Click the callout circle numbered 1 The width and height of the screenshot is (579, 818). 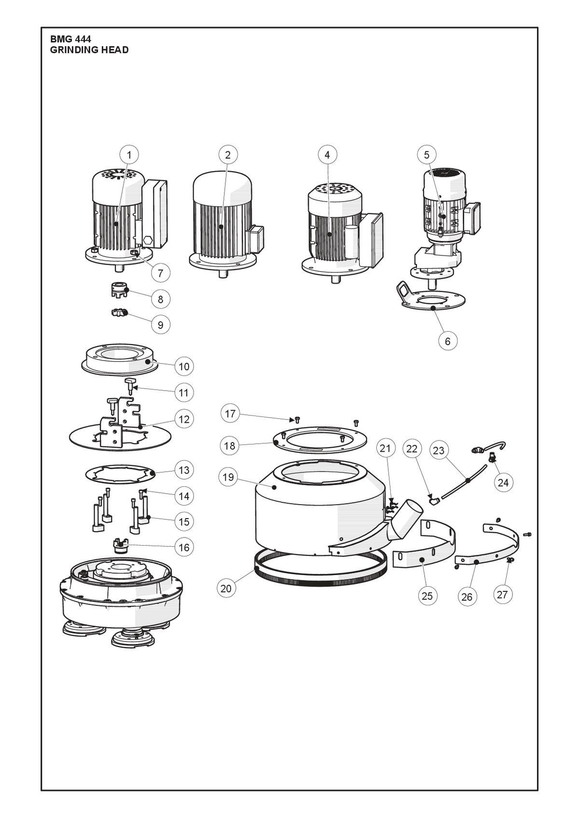[x=129, y=155]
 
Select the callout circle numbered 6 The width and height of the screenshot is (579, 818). [x=448, y=341]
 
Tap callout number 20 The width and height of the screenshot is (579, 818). [x=226, y=588]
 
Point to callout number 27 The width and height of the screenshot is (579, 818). [x=503, y=594]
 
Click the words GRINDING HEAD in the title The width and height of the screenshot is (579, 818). [x=89, y=50]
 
